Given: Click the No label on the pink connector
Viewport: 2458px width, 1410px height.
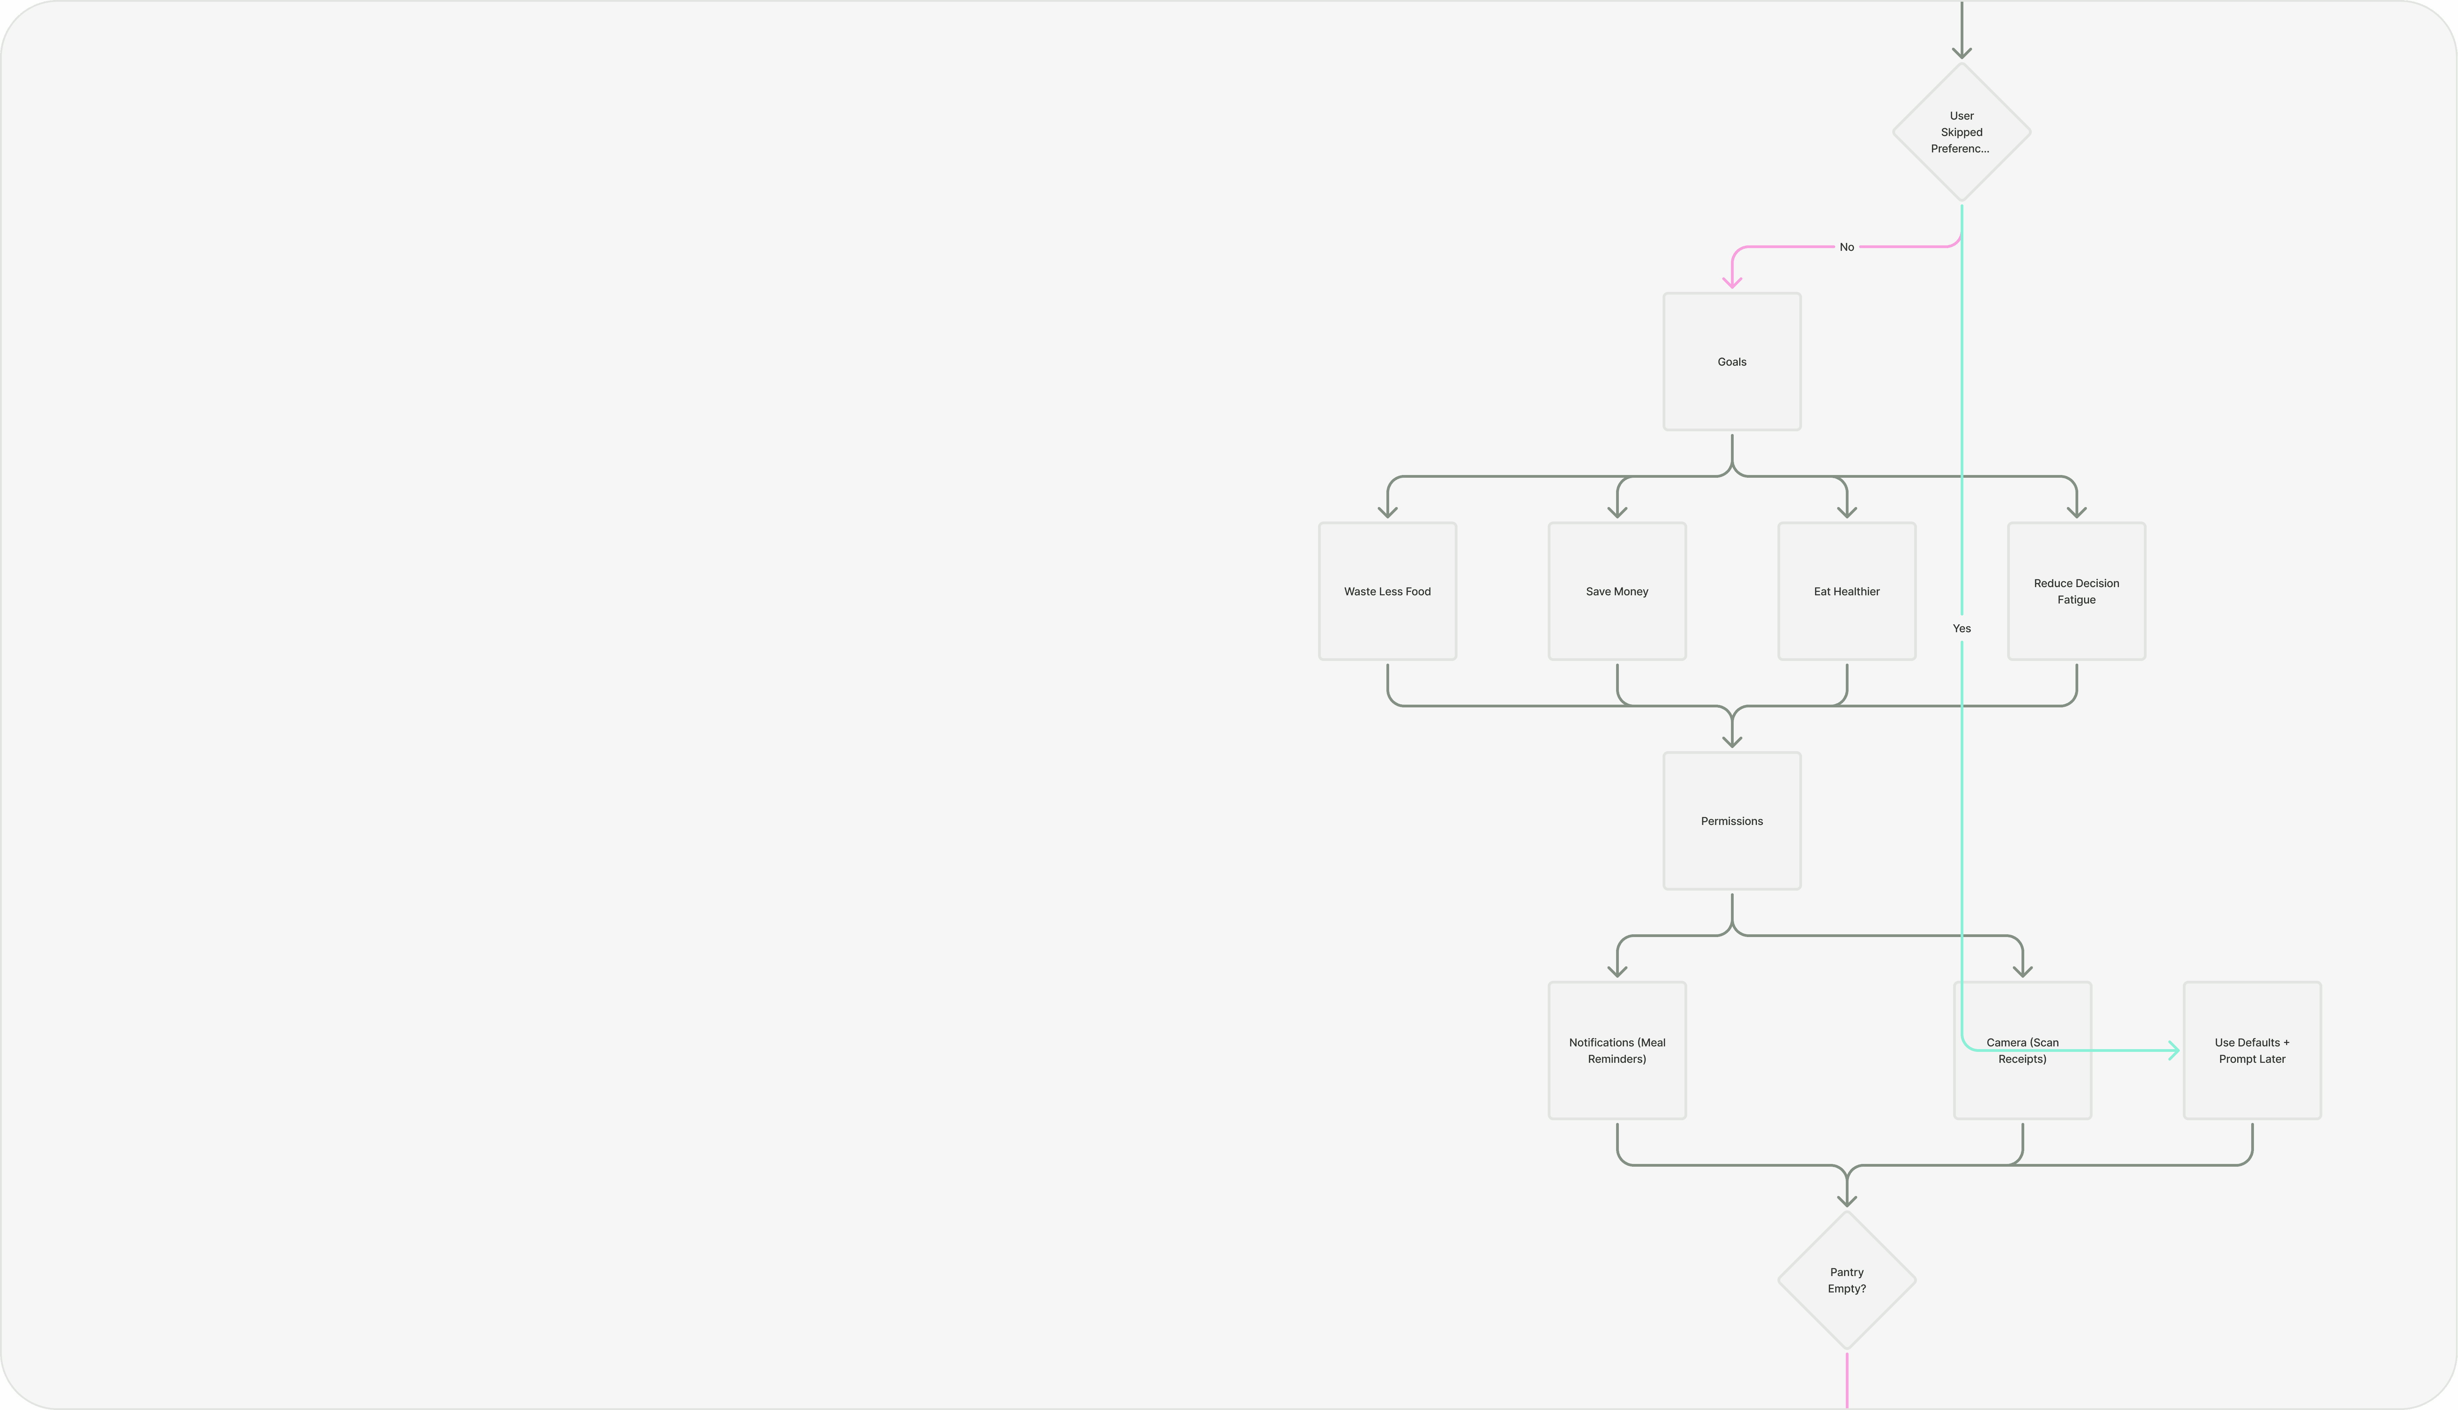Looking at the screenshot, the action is (x=1846, y=247).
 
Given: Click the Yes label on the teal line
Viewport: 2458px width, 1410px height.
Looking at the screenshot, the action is (x=1961, y=628).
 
